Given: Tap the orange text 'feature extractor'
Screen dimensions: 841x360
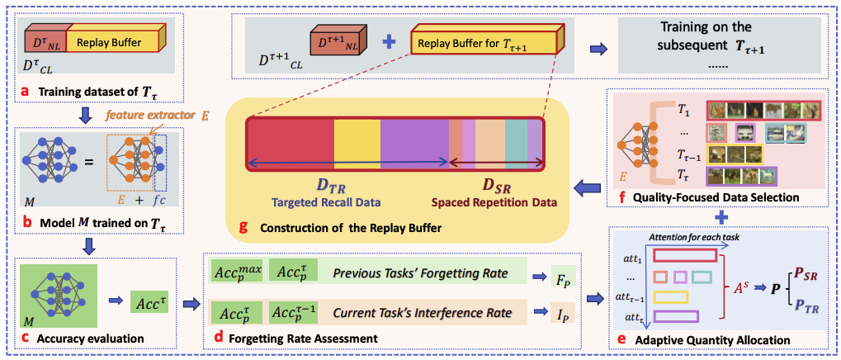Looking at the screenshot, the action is point(139,115).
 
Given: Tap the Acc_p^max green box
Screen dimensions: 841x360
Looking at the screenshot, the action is point(237,272).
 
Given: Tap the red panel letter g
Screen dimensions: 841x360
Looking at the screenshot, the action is point(243,226).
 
